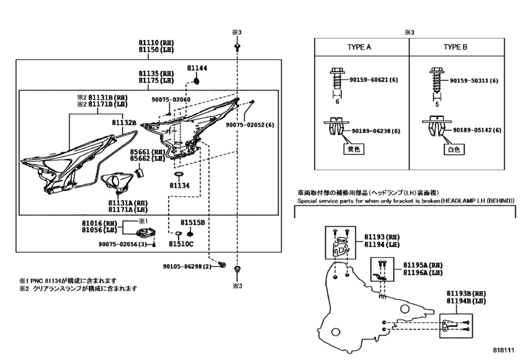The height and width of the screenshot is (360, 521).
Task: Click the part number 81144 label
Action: [x=197, y=68]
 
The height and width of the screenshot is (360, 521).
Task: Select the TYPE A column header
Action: [x=359, y=47]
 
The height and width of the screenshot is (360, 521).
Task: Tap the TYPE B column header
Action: [x=455, y=47]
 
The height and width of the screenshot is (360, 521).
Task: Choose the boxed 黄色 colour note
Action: [x=353, y=149]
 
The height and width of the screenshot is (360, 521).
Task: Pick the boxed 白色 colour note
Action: [x=454, y=150]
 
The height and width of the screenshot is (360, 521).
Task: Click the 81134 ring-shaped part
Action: [x=179, y=174]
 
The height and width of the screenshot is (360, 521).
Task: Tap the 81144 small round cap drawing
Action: [x=197, y=81]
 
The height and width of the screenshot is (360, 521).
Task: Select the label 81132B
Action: [x=124, y=123]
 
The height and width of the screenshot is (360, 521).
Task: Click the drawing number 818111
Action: [x=504, y=350]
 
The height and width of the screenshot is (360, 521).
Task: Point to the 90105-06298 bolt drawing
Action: [x=223, y=265]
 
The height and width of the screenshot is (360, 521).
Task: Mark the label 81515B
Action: [x=193, y=222]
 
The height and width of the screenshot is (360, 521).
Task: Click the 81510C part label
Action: [x=181, y=244]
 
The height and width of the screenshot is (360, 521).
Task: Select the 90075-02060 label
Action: [x=171, y=100]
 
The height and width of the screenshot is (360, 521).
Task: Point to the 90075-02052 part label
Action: [x=250, y=125]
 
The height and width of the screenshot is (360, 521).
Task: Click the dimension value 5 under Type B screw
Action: [x=437, y=104]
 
